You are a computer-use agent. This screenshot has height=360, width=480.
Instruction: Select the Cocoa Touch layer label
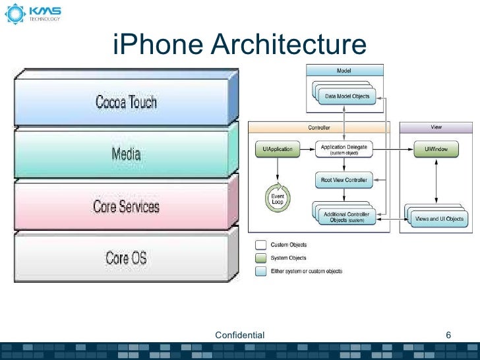126,102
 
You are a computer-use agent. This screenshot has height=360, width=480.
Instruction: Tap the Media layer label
126,154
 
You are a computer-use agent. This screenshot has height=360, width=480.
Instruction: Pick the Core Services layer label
126,206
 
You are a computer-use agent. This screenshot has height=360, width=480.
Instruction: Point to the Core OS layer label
126,257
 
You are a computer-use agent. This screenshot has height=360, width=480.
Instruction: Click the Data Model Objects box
347,96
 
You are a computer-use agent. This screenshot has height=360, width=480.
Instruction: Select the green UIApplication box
277,150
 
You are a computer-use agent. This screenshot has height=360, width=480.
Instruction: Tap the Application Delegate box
344,150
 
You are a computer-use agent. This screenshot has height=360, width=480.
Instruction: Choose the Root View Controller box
344,179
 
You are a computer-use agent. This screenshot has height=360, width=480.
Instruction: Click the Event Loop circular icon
277,200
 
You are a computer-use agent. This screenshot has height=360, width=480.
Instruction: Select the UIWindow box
436,150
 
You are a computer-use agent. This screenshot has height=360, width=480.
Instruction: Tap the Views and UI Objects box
438,218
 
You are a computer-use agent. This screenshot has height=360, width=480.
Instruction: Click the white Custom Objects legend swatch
262,245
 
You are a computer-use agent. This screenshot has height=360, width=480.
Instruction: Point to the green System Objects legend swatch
262,258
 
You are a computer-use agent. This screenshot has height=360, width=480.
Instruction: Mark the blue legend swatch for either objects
262,270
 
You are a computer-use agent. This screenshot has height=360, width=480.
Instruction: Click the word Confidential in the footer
240,335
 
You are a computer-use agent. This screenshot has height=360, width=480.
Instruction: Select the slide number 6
448,335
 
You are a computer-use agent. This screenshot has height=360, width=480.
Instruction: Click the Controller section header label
319,127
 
